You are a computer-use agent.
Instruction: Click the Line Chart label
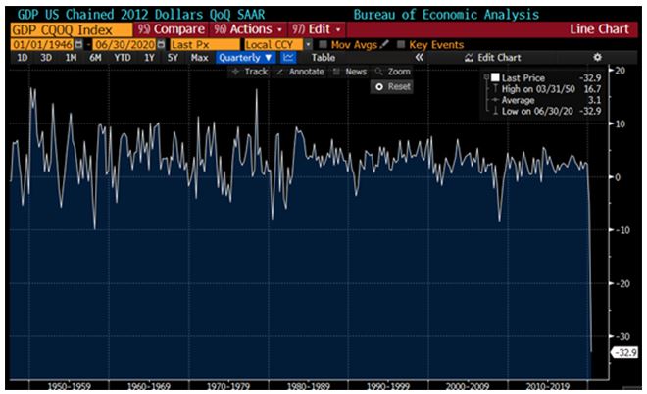coord(599,29)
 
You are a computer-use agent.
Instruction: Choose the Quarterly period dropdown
coord(245,58)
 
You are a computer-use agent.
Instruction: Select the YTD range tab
coord(123,58)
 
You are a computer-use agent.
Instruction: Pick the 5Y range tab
coord(173,58)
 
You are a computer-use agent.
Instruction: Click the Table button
coord(323,58)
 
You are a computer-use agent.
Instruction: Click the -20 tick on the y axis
coord(620,283)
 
